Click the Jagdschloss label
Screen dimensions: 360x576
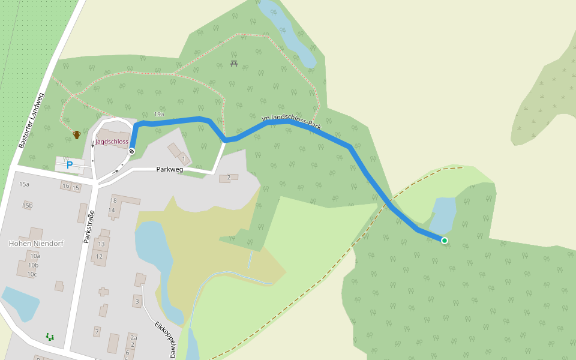point(112,142)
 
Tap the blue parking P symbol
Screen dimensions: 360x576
point(70,164)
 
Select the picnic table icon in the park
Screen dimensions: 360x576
point(233,63)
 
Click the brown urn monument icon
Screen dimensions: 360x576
point(77,134)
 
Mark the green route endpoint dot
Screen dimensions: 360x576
point(445,241)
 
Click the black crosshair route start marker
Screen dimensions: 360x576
point(131,151)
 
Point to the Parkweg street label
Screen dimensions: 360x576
point(170,170)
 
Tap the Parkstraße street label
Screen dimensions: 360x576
point(89,227)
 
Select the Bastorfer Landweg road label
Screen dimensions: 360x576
point(32,121)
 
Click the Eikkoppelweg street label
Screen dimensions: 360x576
point(164,340)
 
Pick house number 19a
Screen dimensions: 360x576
point(158,114)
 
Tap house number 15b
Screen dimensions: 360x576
point(28,205)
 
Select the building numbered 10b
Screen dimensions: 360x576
point(34,265)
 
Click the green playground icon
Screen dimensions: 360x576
point(50,337)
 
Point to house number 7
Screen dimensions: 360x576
point(97,331)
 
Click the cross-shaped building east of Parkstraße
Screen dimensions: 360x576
point(104,292)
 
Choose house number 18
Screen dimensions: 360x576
point(113,200)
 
